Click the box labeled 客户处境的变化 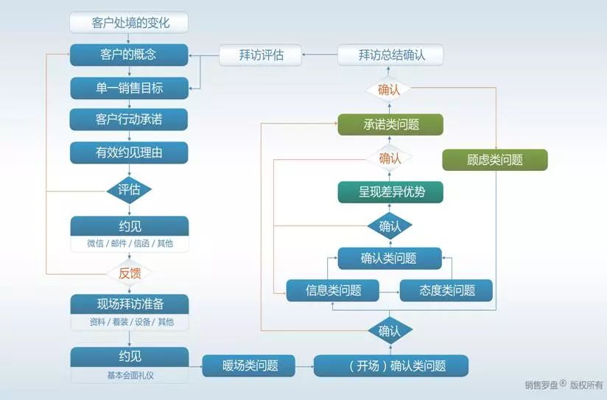point(129,23)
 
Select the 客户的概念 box point(129,55)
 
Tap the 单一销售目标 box point(129,88)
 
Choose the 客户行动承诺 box point(129,120)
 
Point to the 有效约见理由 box point(129,152)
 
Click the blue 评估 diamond point(129,190)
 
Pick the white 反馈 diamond point(129,273)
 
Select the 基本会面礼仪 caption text point(129,376)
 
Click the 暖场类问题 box point(250,365)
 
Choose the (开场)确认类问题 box point(390,365)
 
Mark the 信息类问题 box point(333,290)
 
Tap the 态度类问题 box point(447,290)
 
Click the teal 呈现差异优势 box point(390,192)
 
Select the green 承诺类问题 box point(390,124)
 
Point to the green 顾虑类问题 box point(495,160)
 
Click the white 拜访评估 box point(261,55)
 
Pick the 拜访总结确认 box point(390,55)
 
